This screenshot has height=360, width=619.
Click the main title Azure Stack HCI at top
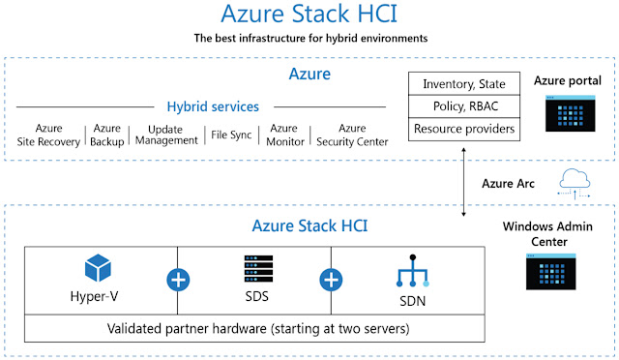309,15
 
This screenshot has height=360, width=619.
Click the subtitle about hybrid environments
309,39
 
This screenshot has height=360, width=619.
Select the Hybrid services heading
213,106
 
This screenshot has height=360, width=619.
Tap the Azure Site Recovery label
48,135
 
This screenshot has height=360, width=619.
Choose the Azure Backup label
107,135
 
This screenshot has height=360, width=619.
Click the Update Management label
166,135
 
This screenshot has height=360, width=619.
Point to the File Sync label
231,135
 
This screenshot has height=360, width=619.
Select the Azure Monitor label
283,135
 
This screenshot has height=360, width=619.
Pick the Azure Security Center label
352,135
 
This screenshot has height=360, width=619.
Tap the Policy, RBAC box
463,105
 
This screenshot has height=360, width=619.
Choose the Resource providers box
463,128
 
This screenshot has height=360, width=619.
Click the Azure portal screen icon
569,113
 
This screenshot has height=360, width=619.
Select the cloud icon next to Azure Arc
575,181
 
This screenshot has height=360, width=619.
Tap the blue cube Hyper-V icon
99,266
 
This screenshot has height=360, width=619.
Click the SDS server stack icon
254,266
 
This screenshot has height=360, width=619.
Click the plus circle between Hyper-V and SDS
178,281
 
